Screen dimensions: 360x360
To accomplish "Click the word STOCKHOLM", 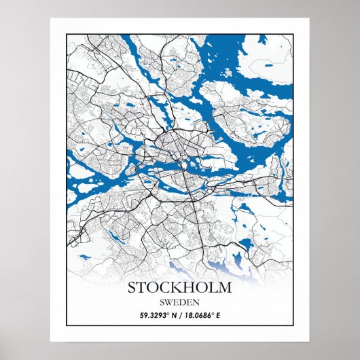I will click(x=180, y=287).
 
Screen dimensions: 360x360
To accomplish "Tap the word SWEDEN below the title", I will click(x=180, y=302).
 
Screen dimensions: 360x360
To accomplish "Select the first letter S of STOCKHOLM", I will click(x=132, y=287).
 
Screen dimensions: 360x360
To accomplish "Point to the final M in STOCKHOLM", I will click(x=225, y=287).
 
